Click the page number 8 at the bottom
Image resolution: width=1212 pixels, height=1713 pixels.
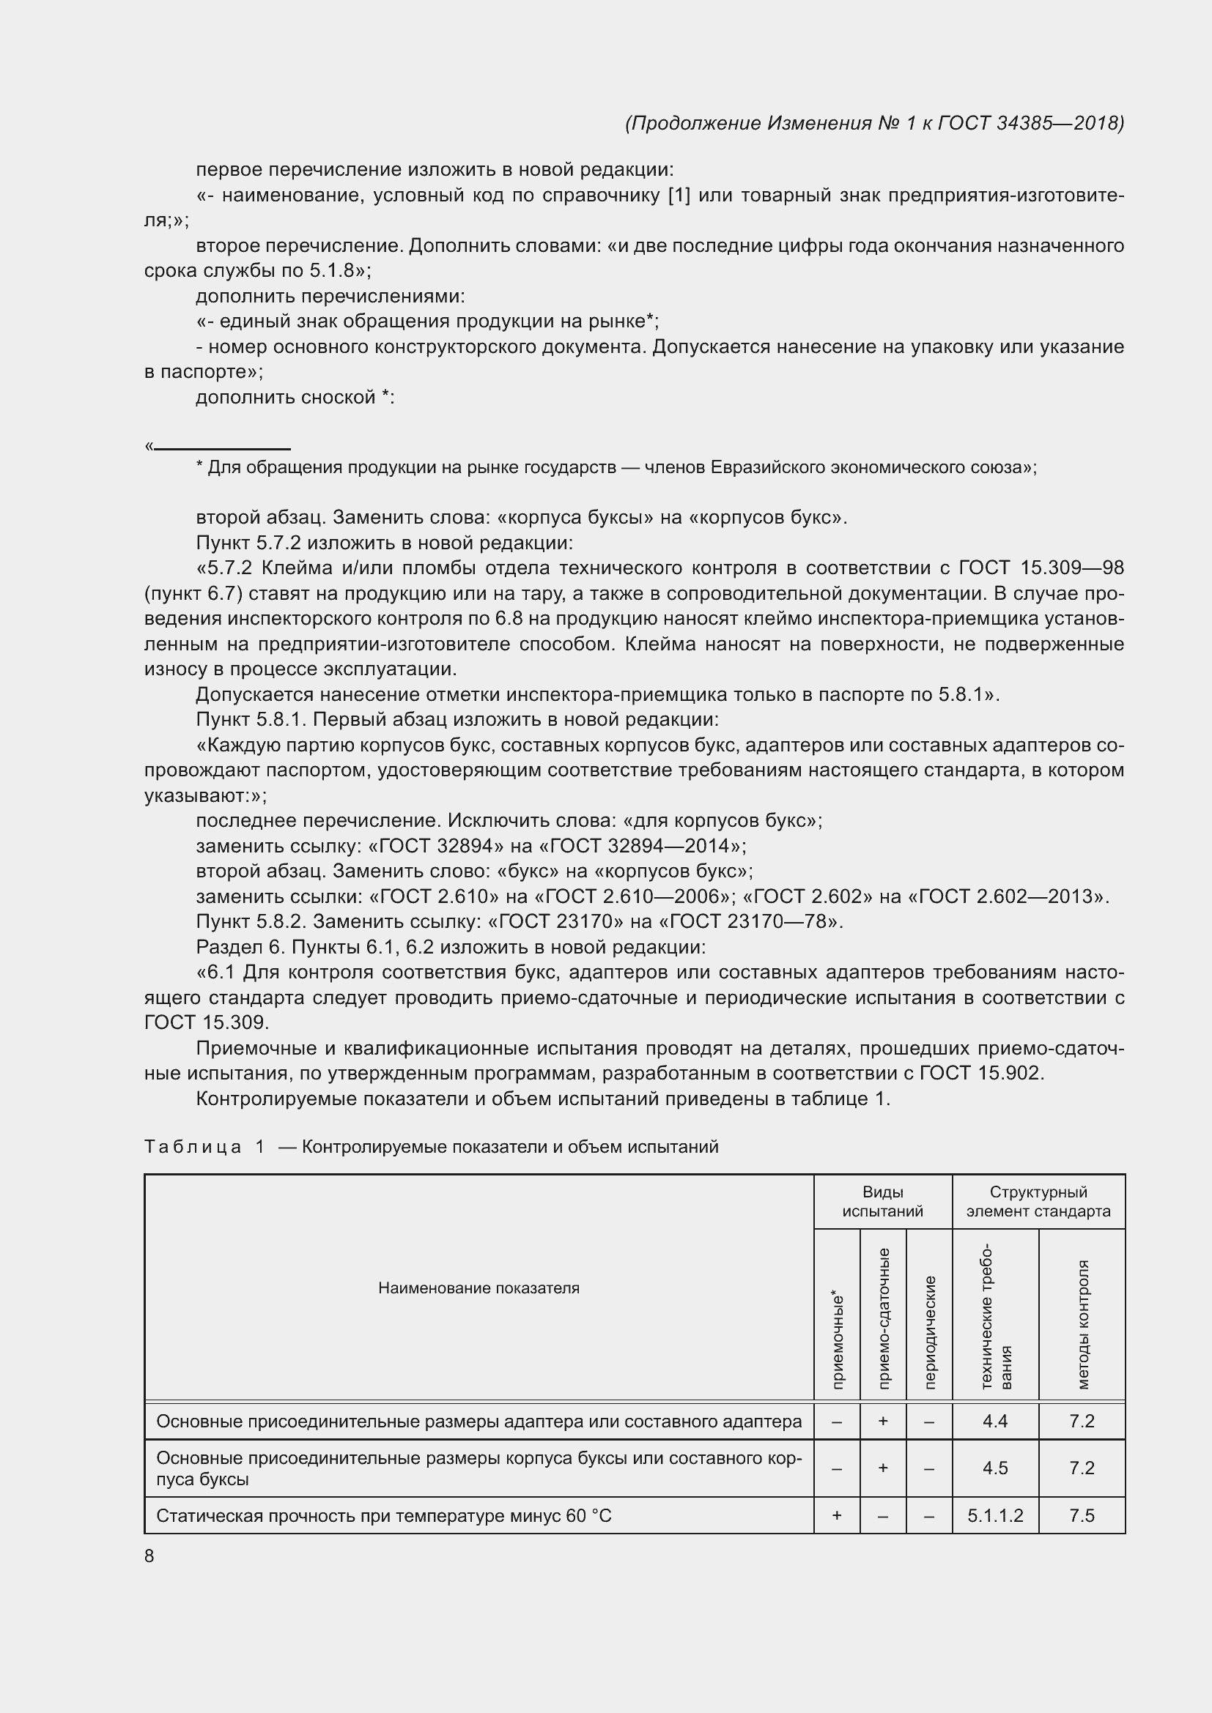click(149, 1556)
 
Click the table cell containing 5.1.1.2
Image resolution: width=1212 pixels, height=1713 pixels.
click(995, 1516)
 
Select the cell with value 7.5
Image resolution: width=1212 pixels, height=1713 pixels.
click(1082, 1516)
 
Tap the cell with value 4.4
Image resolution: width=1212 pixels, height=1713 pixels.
click(995, 1422)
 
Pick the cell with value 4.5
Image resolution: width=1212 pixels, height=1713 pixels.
click(995, 1468)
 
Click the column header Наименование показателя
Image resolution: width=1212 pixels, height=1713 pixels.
click(478, 1288)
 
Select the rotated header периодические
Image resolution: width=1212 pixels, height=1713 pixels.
click(929, 1332)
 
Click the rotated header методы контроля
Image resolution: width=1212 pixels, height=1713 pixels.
click(1083, 1325)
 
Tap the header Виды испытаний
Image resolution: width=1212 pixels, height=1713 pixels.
click(882, 1202)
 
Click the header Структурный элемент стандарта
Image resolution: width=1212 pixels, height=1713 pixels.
click(1038, 1202)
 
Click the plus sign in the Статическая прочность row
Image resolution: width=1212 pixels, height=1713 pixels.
click(837, 1516)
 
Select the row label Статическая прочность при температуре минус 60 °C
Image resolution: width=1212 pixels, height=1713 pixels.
click(383, 1516)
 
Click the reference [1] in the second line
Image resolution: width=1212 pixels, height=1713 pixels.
click(679, 196)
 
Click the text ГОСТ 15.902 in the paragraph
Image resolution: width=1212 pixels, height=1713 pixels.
click(980, 1074)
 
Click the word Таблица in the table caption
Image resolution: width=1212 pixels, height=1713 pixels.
click(193, 1147)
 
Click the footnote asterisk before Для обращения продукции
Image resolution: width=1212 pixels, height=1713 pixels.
click(199, 467)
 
